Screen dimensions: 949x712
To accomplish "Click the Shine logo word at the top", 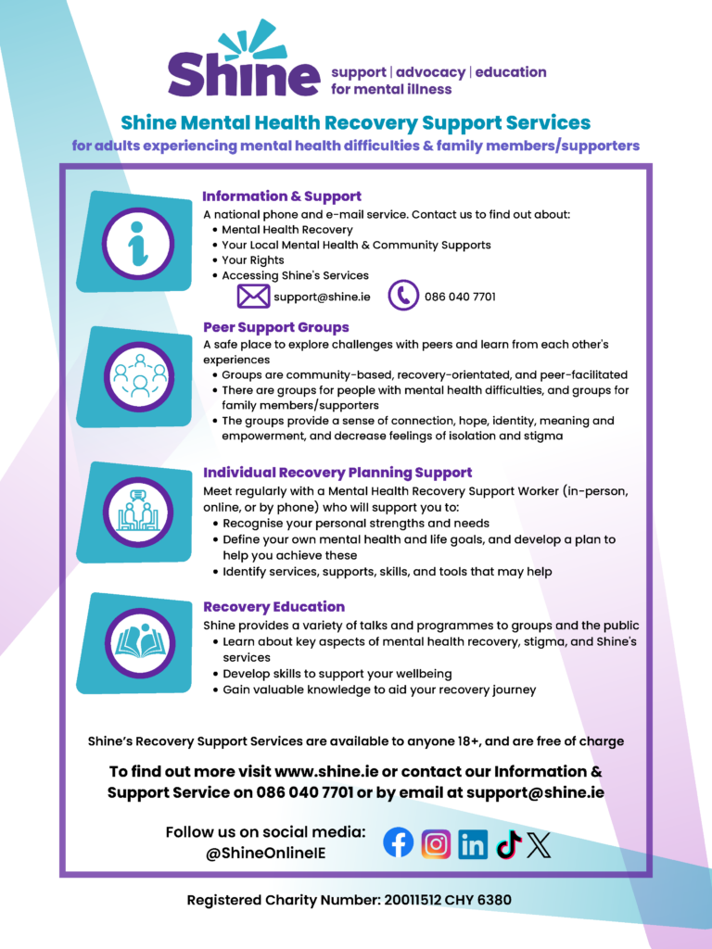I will tap(243, 72).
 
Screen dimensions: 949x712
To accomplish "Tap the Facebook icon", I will tap(399, 842).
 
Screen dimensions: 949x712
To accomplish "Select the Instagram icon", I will tap(436, 843).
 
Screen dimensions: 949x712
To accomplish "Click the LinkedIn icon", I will tap(473, 843).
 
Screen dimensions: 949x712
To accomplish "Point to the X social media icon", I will tap(540, 843).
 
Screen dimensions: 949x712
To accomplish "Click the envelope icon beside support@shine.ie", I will tap(253, 297).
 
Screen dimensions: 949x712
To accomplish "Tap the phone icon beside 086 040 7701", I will tap(403, 297).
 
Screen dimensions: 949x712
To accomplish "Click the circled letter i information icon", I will tap(137, 244).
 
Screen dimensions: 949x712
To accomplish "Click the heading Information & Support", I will tap(282, 196).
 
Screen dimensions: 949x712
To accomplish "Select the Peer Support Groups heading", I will tap(276, 327).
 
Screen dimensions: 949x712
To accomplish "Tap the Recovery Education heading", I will tap(273, 607).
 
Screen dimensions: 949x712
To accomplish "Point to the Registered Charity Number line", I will tap(350, 900).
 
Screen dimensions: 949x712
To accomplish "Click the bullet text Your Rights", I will tap(253, 260).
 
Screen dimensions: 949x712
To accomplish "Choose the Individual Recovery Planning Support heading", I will tap(337, 472).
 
